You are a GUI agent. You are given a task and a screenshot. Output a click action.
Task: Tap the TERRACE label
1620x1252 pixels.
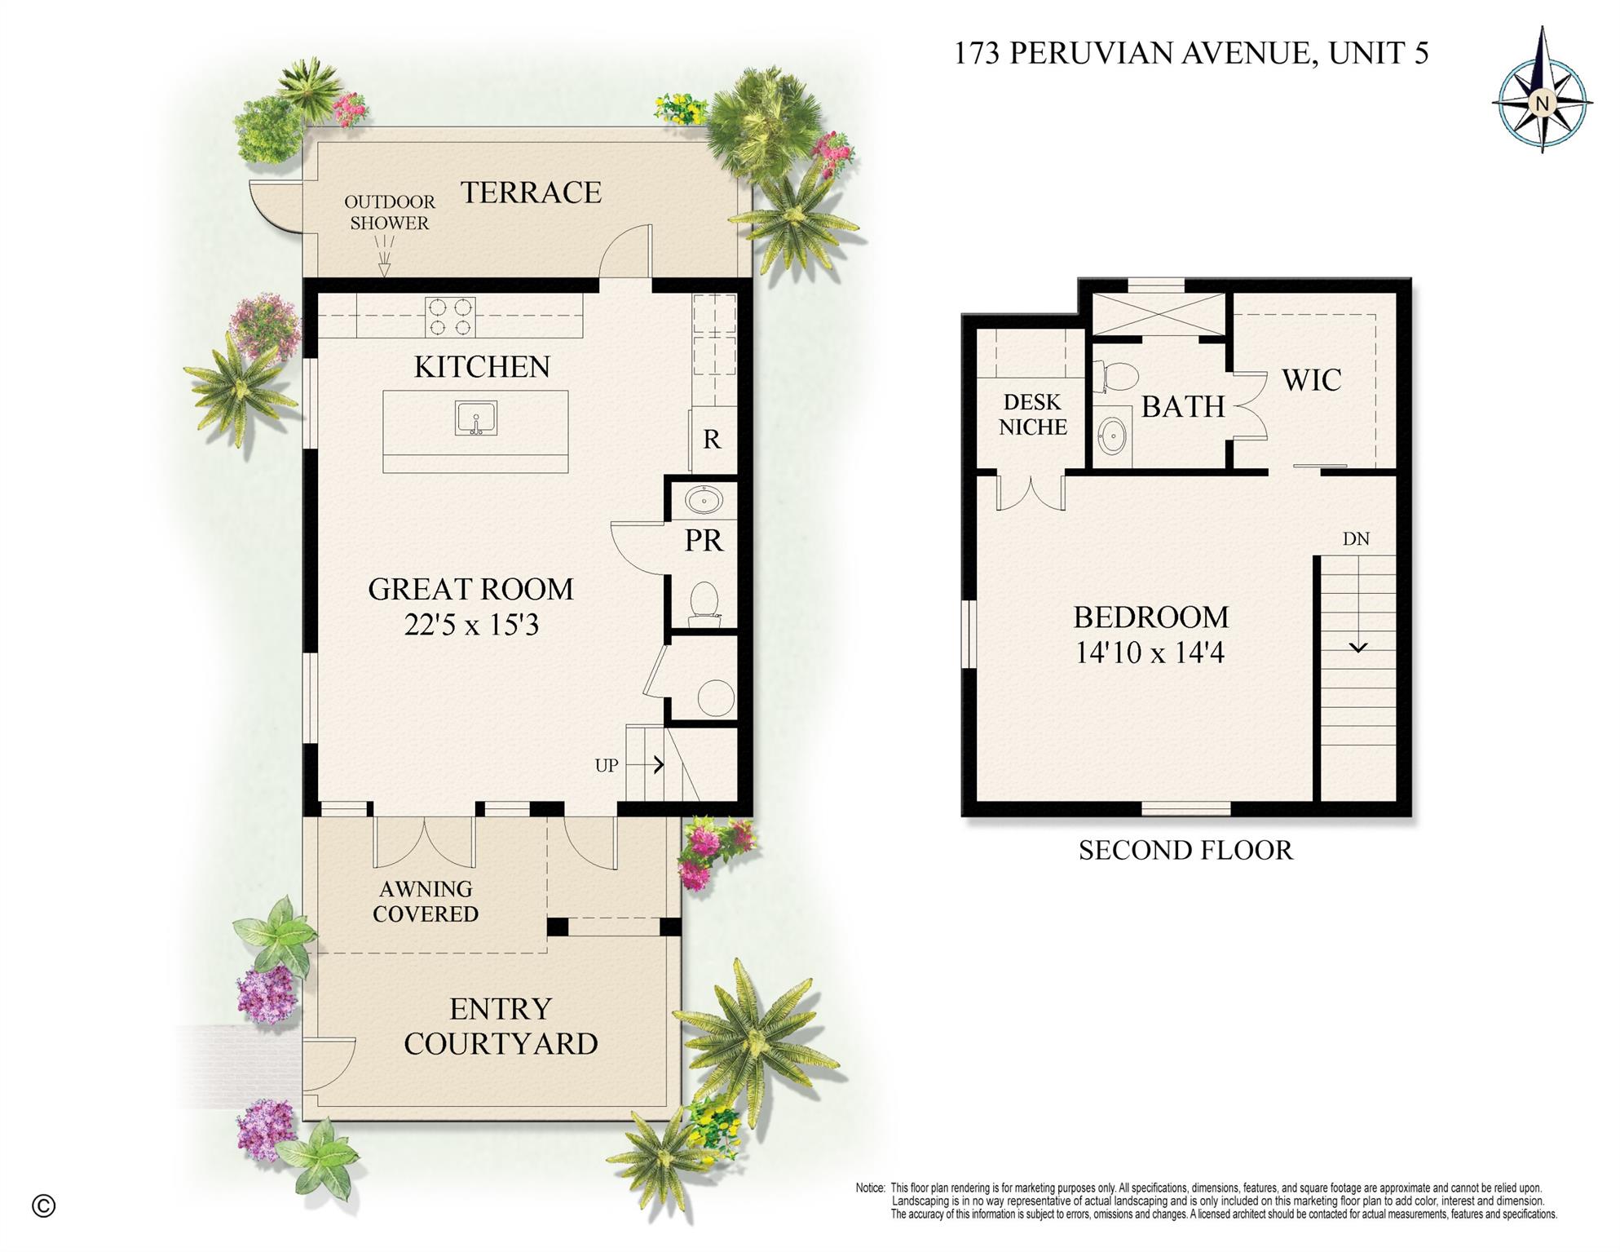pyautogui.click(x=531, y=192)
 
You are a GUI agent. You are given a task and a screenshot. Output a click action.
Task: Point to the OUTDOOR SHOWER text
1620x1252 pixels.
pyautogui.click(x=389, y=212)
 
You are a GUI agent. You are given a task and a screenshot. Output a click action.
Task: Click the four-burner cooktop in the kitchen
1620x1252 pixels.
pyautogui.click(x=450, y=317)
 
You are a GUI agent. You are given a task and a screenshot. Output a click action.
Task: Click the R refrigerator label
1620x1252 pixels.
pyautogui.click(x=712, y=440)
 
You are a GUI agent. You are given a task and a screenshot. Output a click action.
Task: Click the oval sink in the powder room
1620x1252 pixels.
pyautogui.click(x=704, y=499)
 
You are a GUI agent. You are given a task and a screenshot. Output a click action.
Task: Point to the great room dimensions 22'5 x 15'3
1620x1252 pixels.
pyautogui.click(x=471, y=626)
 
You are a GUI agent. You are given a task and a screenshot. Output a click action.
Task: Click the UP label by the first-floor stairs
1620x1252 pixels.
pyautogui.click(x=606, y=766)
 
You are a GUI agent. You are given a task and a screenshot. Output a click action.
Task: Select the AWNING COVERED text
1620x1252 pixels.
pyautogui.click(x=425, y=901)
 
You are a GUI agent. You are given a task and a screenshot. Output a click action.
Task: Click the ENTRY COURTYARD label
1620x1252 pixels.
pyautogui.click(x=501, y=1026)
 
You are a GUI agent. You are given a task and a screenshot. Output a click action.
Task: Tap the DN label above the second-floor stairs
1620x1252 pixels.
pyautogui.click(x=1356, y=539)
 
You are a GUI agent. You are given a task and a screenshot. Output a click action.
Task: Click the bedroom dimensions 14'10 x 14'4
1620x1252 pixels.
pyautogui.click(x=1150, y=653)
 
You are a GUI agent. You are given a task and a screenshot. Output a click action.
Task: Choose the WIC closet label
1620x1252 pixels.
pyautogui.click(x=1311, y=380)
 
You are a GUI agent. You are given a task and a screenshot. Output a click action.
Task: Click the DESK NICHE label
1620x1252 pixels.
pyautogui.click(x=1032, y=414)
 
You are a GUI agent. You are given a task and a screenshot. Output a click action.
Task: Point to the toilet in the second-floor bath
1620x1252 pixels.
pyautogui.click(x=1119, y=376)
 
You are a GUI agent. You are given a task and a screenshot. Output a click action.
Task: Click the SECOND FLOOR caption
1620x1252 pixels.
pyautogui.click(x=1185, y=851)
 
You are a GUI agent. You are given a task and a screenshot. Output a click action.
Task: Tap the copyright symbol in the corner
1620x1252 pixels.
pyautogui.click(x=44, y=1206)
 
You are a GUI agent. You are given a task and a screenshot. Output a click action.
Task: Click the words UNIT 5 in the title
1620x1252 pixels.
pyautogui.click(x=1378, y=53)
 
